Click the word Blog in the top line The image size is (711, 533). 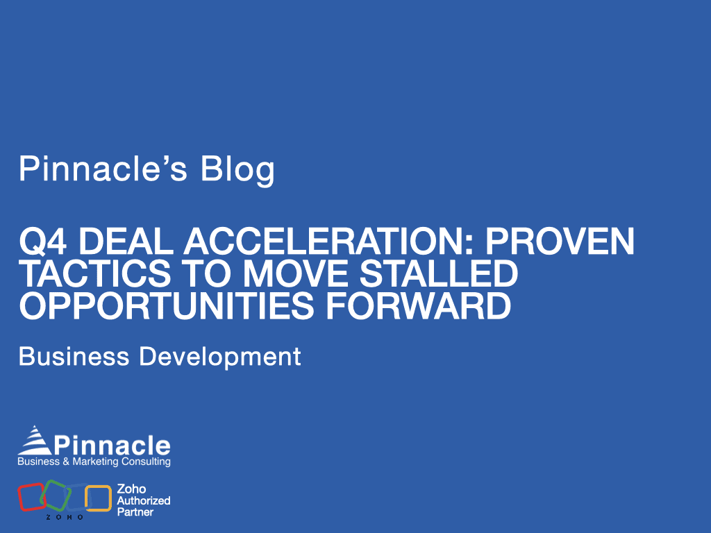[x=237, y=169]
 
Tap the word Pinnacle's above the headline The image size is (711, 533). [x=103, y=169]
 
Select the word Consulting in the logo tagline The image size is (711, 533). [x=149, y=462]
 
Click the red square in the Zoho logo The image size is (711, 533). [x=30, y=498]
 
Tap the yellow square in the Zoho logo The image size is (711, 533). [x=98, y=498]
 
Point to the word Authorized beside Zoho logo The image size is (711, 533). [x=143, y=500]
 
